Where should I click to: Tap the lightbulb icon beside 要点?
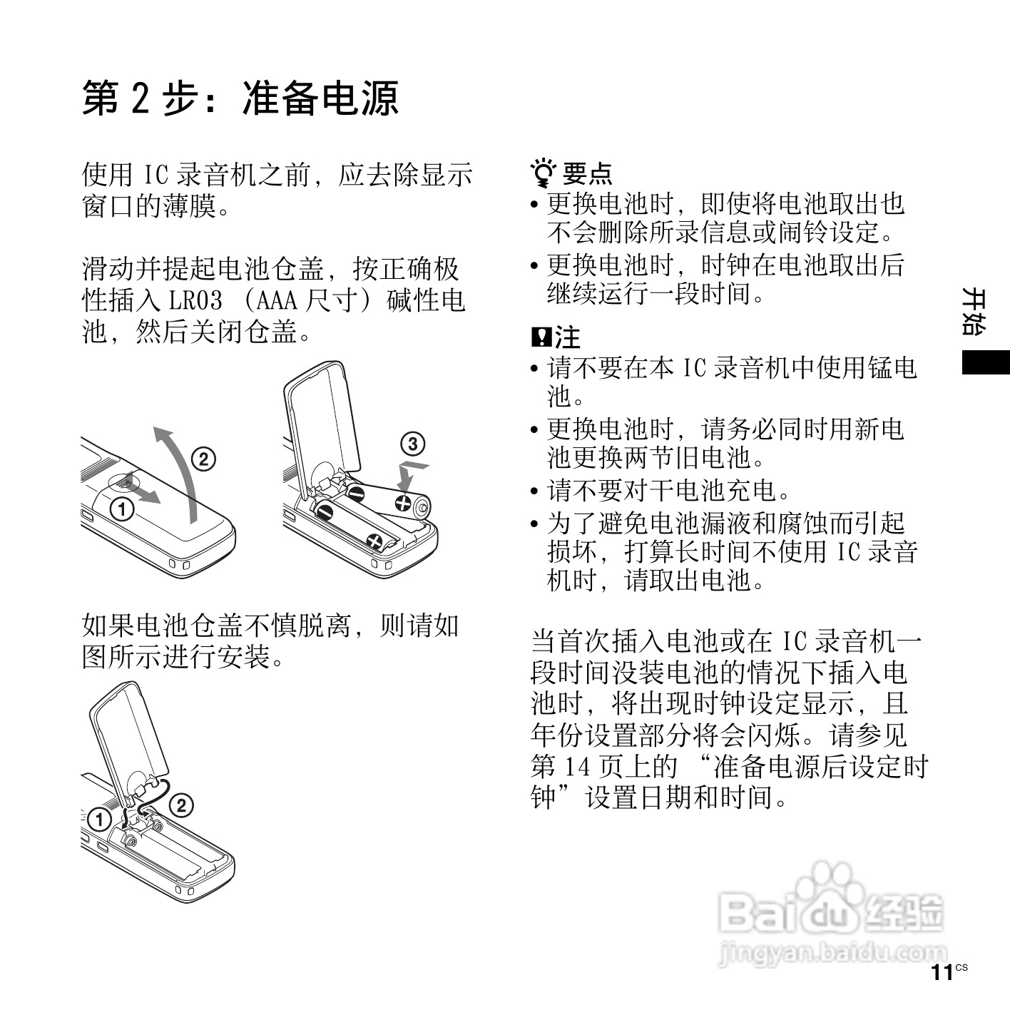543,173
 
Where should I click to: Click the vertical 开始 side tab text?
974,312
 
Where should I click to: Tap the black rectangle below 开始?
985,362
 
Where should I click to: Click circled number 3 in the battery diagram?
412,444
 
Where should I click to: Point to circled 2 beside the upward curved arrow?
203,459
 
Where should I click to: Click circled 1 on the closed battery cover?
122,509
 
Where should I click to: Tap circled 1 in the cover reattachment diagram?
99,820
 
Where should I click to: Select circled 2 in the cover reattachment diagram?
181,805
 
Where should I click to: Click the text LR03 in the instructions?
195,300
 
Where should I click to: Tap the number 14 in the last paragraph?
577,767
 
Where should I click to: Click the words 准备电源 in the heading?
320,98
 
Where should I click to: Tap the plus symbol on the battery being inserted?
403,504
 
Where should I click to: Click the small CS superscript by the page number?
961,967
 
